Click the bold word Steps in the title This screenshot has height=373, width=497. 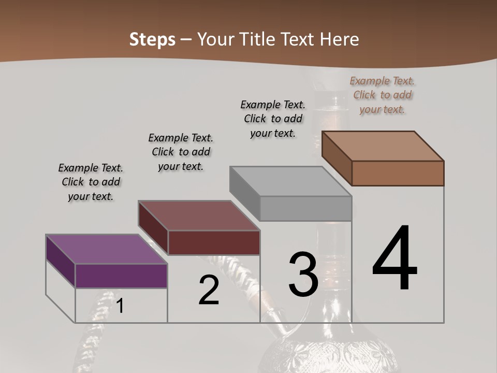tap(152, 40)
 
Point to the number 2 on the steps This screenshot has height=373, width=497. tap(209, 291)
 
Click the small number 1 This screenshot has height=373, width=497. tap(120, 306)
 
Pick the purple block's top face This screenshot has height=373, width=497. tap(106, 249)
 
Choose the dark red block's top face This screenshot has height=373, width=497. tap(198, 215)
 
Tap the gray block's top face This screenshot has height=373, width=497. tap(290, 181)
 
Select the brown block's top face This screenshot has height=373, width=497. tap(383, 146)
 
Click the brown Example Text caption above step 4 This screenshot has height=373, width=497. tap(382, 95)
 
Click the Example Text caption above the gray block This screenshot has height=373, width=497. tap(273, 119)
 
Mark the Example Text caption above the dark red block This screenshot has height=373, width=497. tap(181, 152)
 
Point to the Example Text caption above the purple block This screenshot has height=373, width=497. tap(91, 182)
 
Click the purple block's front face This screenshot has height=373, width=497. tap(121, 276)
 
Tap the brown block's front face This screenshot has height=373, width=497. tap(398, 173)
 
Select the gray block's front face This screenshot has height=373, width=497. tap(305, 209)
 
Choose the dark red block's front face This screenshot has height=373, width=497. tap(214, 242)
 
